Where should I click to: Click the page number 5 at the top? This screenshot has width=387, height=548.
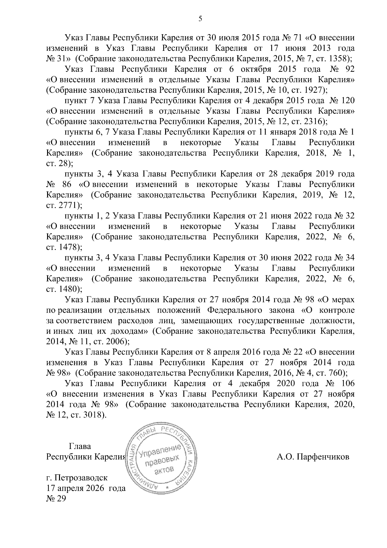point(200,19)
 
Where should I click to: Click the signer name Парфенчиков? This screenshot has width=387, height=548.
point(322,457)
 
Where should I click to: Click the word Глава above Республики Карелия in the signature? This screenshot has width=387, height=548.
point(80,447)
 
